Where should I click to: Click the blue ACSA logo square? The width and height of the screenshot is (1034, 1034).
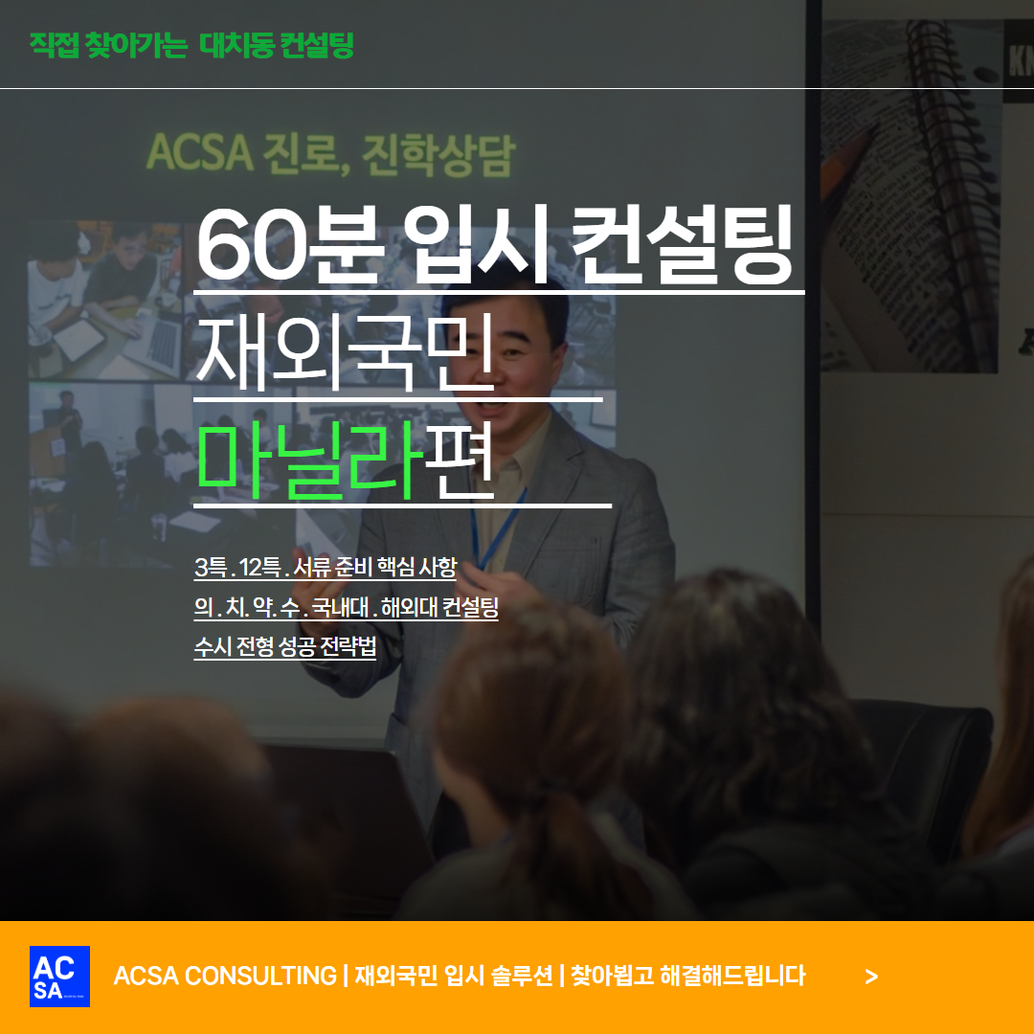pyautogui.click(x=59, y=976)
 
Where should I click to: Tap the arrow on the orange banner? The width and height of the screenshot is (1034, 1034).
pyautogui.click(x=871, y=977)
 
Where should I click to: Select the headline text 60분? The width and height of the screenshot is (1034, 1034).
pyautogui.click(x=290, y=245)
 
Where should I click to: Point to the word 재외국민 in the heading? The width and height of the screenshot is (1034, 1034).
pyautogui.click(x=346, y=352)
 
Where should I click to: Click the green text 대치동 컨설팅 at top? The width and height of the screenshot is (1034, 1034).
pyautogui.click(x=277, y=45)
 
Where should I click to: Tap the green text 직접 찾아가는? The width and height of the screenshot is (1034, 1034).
pyautogui.click(x=109, y=45)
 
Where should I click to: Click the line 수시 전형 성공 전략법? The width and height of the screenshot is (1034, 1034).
pyautogui.click(x=285, y=646)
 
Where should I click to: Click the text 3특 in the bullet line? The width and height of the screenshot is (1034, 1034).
pyautogui.click(x=211, y=567)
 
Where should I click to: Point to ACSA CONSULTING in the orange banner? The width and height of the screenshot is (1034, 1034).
pyautogui.click(x=225, y=976)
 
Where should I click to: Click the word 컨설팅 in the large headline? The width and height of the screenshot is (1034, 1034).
pyautogui.click(x=682, y=245)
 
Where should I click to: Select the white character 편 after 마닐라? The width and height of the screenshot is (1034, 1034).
pyautogui.click(x=460, y=460)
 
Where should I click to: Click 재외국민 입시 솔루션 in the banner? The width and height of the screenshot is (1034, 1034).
pyautogui.click(x=454, y=976)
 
